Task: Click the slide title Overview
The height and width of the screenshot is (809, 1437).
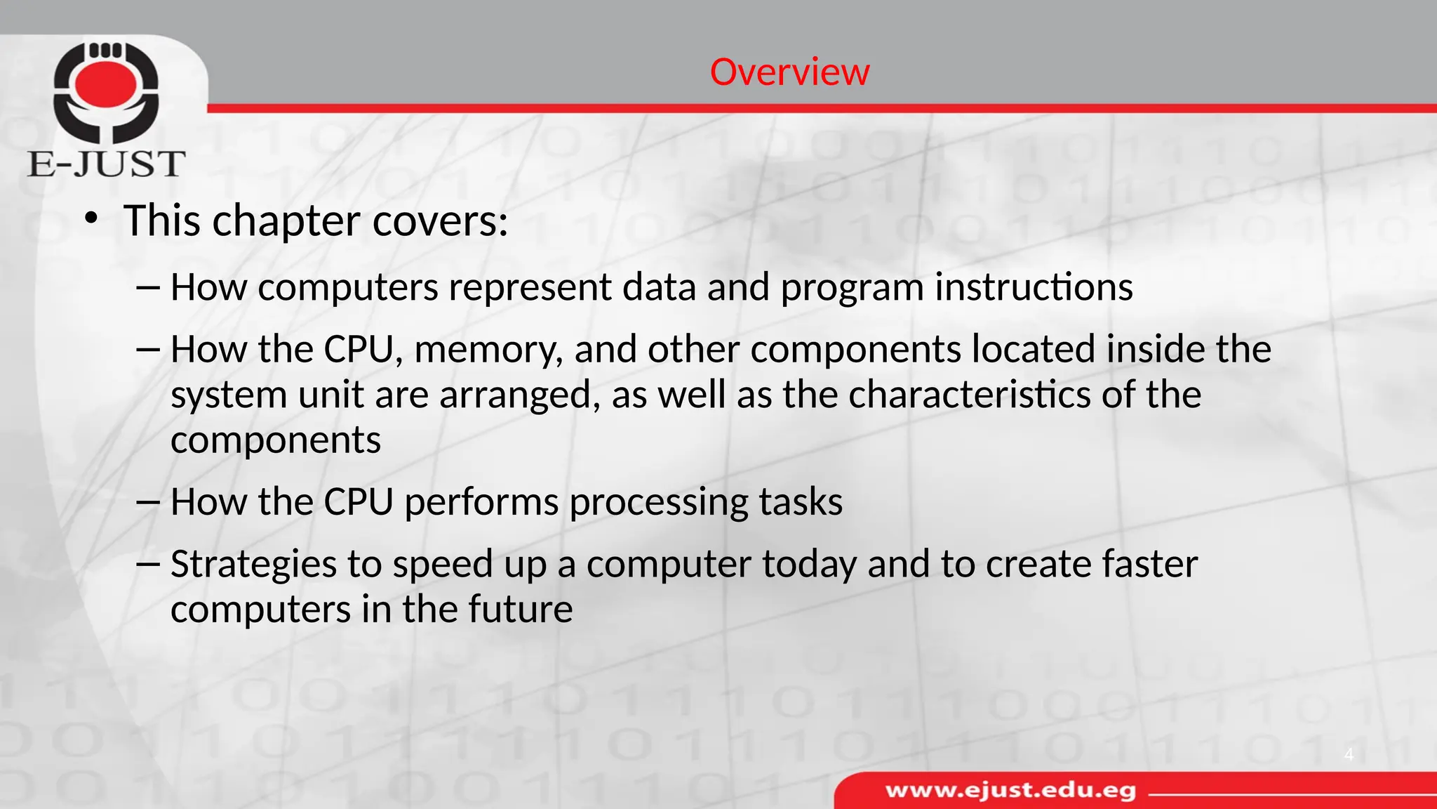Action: coord(789,72)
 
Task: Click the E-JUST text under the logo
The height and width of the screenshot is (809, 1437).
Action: coord(106,164)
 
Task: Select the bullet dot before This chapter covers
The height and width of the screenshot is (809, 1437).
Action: coord(91,218)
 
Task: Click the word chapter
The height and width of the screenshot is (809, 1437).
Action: coord(286,221)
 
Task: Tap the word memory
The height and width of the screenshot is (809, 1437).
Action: coord(488,350)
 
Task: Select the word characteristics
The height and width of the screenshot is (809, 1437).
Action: coord(969,395)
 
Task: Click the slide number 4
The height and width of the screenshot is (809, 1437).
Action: coord(1348,755)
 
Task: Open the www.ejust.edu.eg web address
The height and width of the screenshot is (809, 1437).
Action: coord(1010,791)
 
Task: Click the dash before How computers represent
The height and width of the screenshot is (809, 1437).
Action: coord(149,288)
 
